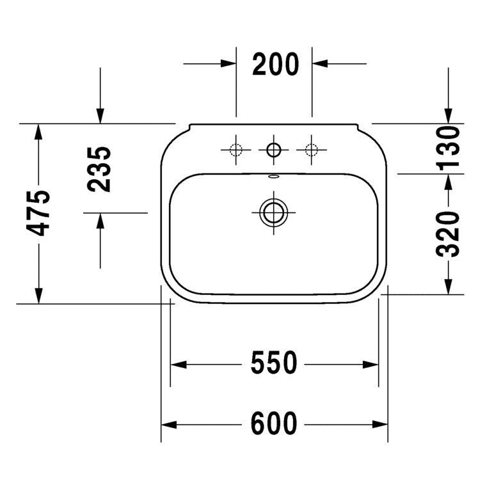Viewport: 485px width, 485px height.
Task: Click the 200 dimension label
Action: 276,65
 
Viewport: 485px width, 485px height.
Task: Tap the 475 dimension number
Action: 38,213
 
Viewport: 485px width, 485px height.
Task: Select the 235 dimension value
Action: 99,169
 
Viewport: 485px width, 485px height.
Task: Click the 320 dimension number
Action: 448,234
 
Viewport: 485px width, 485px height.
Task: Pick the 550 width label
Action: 274,363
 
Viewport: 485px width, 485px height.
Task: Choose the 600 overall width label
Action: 274,423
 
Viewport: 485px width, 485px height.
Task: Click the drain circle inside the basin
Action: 273,212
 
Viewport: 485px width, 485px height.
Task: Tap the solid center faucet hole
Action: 273,150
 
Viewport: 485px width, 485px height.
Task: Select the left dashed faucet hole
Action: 235,150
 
